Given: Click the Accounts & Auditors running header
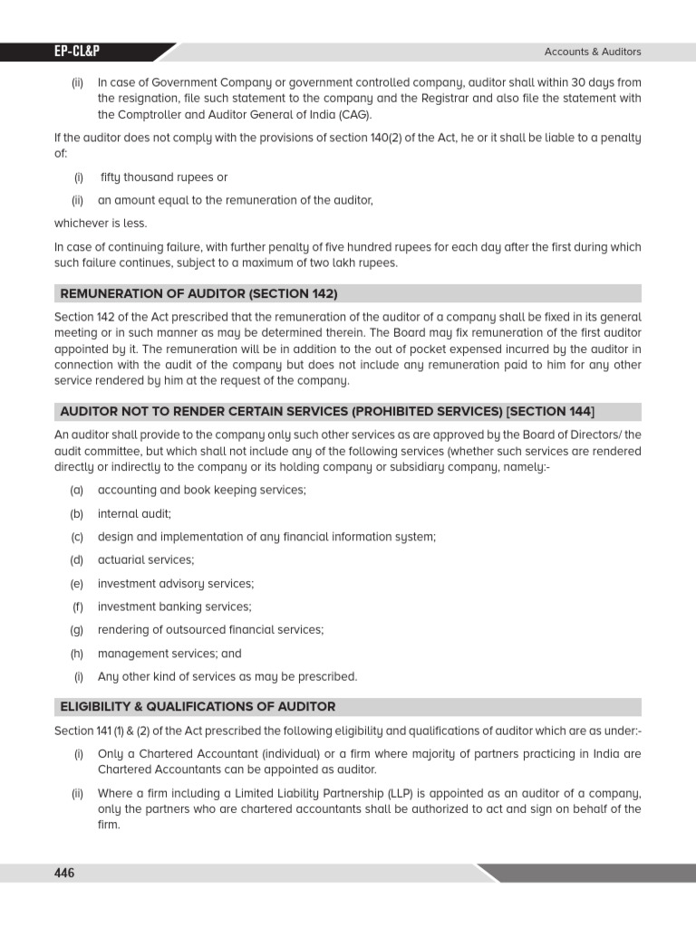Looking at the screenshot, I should click(593, 53).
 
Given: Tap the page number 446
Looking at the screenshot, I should click(64, 873).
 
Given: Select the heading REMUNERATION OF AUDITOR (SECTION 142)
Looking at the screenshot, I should click(198, 293).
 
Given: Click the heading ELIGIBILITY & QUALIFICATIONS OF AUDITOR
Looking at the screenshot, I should click(198, 706).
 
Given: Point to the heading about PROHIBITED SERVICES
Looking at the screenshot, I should click(328, 411).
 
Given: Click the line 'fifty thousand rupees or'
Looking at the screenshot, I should click(164, 177).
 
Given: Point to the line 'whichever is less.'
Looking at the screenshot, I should click(101, 224).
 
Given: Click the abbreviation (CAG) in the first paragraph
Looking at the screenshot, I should click(353, 115).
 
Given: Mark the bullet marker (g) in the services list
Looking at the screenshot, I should click(77, 630).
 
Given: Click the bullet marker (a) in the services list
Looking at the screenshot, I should click(77, 490).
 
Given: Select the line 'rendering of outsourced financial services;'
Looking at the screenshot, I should click(210, 630).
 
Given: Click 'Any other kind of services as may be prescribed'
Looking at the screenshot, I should click(227, 676).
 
